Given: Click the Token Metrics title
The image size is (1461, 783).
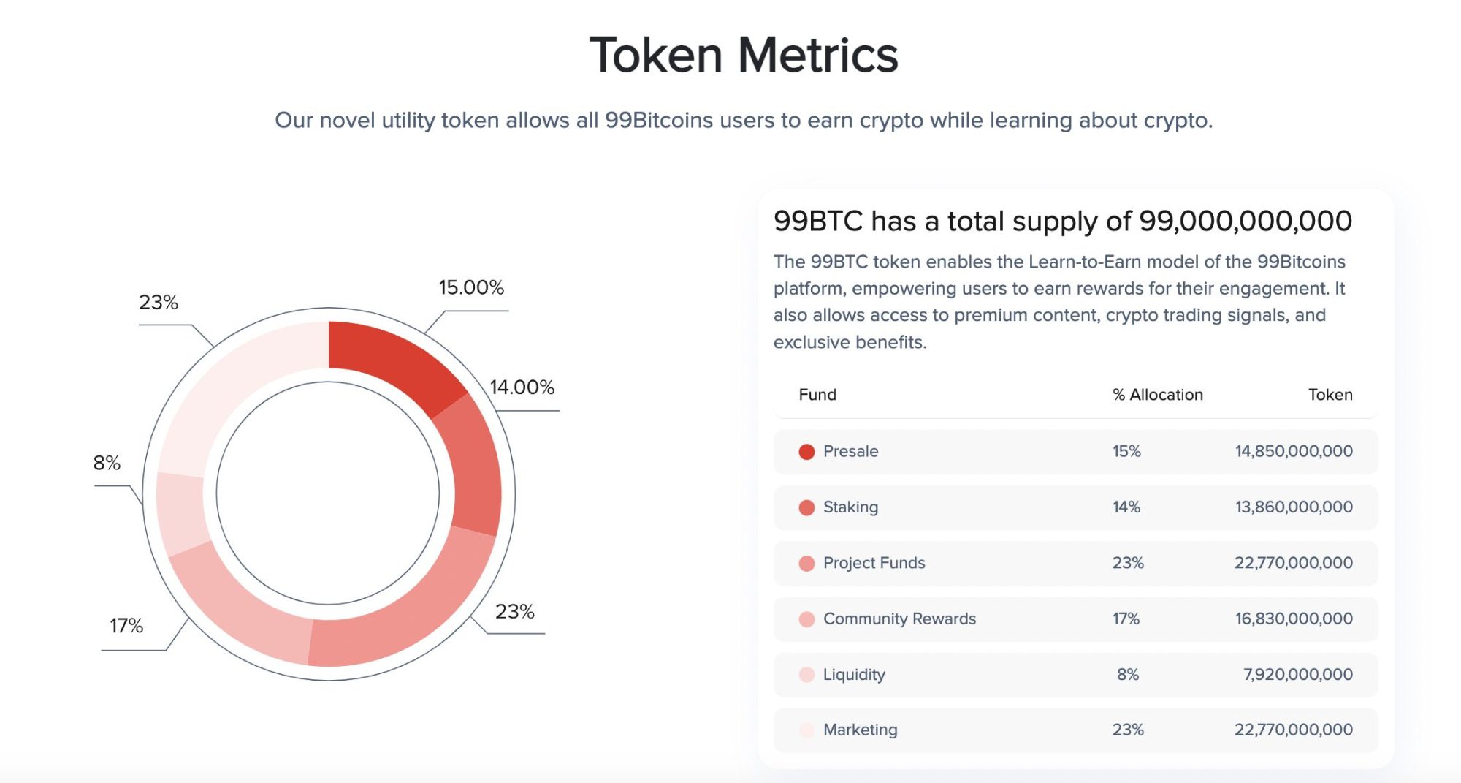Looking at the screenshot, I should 744,56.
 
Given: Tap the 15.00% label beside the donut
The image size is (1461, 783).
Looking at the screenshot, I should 471,287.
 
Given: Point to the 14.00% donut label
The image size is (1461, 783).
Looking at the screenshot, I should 522,387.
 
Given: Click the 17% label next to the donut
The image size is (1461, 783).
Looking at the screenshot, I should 126,626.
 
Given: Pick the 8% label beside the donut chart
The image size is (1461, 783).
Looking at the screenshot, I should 107,463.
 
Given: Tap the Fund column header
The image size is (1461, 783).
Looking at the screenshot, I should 817,395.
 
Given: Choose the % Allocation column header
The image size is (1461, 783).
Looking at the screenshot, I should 1157,395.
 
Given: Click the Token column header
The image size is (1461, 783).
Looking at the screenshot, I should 1330,395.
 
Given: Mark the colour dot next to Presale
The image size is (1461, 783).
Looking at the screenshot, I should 806,452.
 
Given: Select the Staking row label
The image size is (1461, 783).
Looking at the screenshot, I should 850,507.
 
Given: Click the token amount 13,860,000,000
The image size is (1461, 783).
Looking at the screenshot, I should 1293,507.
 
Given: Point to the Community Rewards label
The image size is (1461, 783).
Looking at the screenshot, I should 899,619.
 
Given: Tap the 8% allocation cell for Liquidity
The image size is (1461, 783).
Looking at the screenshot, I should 1127,674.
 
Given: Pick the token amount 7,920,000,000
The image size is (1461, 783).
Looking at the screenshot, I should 1297,674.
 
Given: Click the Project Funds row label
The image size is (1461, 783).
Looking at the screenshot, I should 874,563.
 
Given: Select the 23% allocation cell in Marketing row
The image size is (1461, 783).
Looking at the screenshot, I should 1127,730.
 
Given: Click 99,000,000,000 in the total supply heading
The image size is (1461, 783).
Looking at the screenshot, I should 1245,221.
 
